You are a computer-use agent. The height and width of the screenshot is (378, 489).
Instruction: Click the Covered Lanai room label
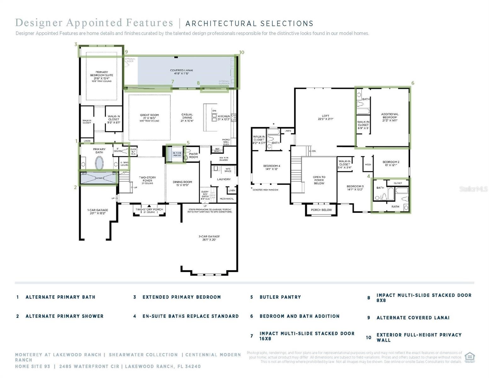pos(181,72)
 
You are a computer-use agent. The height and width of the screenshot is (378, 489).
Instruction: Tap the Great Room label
pos(149,117)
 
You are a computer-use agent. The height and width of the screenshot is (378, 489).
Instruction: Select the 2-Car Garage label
pos(209,238)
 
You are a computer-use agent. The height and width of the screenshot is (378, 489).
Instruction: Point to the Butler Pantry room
pos(177,154)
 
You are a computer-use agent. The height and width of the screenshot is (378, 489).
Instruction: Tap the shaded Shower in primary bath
pos(99,178)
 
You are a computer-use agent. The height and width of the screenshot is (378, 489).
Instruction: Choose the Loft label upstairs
pos(325,117)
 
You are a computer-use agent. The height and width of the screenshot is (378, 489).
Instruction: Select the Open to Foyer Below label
pos(319,180)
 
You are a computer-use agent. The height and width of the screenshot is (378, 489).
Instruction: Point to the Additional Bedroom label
pos(390,117)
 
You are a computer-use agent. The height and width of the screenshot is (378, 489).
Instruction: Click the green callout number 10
pos(242,52)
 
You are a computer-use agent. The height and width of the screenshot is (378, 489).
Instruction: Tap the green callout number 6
pos(412,83)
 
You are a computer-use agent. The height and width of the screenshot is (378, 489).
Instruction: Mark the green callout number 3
pos(76,44)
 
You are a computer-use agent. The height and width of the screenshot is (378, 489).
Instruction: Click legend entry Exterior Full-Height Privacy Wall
pos(419,337)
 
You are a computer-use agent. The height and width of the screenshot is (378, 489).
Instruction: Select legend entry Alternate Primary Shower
pos(64,316)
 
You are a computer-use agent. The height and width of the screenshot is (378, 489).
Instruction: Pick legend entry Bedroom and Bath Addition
pos(299,316)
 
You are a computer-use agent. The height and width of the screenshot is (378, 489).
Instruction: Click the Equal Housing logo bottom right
pos(469,357)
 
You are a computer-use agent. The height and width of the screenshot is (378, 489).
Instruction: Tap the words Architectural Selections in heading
pos(249,24)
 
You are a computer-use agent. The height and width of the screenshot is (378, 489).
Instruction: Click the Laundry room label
pos(224,179)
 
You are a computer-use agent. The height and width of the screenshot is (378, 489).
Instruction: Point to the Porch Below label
pos(321,210)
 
